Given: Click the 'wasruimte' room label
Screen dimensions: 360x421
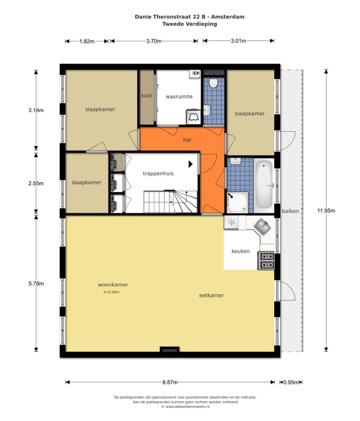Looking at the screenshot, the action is (179, 96).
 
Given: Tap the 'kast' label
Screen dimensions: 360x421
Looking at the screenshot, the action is (147, 96).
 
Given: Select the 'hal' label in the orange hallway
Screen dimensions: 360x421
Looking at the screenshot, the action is (187, 140).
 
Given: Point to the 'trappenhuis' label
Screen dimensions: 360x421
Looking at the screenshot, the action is (158, 173).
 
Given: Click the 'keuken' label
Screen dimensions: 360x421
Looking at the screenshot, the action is (241, 251).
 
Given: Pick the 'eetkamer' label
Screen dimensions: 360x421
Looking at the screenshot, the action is (212, 295).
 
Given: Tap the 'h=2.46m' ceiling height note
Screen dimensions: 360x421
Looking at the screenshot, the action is (111, 292).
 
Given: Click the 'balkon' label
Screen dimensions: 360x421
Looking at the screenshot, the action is (290, 211).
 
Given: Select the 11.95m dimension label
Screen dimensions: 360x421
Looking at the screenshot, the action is (326, 210).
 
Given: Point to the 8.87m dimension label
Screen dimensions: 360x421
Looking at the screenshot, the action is (170, 382).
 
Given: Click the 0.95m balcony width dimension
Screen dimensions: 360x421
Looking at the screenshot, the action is (291, 382).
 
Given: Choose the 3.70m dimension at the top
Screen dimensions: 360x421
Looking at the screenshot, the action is (154, 41).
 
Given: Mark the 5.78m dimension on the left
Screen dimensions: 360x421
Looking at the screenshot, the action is (36, 283).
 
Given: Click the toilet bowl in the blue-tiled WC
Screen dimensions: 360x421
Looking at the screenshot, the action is (213, 83).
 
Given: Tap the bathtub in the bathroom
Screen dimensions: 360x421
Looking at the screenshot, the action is (264, 184).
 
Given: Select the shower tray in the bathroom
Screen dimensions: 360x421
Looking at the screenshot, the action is (237, 202).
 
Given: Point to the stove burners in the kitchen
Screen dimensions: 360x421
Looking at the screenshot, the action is (266, 260).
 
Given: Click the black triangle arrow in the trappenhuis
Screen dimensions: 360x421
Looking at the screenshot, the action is (191, 164).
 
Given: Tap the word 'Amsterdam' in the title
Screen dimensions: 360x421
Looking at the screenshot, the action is (228, 17).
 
